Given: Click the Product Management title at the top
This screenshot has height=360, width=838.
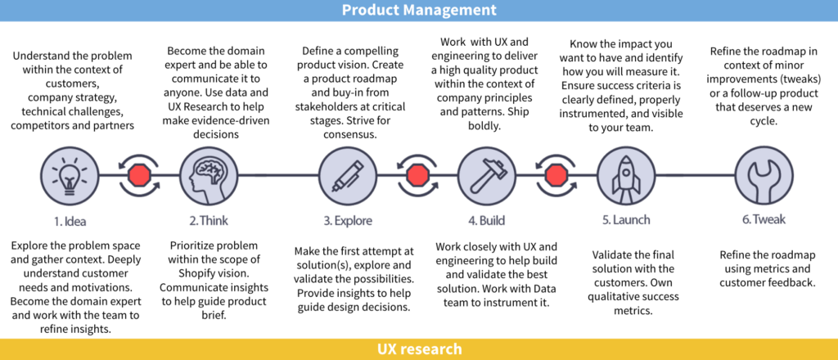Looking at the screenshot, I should (418, 11).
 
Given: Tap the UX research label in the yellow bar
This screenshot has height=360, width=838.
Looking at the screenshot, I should (418, 349).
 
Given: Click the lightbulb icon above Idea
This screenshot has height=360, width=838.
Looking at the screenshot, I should (64, 174).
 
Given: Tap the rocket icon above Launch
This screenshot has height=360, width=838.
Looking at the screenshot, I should (620, 174).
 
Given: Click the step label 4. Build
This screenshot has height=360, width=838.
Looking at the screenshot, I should (486, 220).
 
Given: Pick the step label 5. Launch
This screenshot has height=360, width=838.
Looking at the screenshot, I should (626, 220).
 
